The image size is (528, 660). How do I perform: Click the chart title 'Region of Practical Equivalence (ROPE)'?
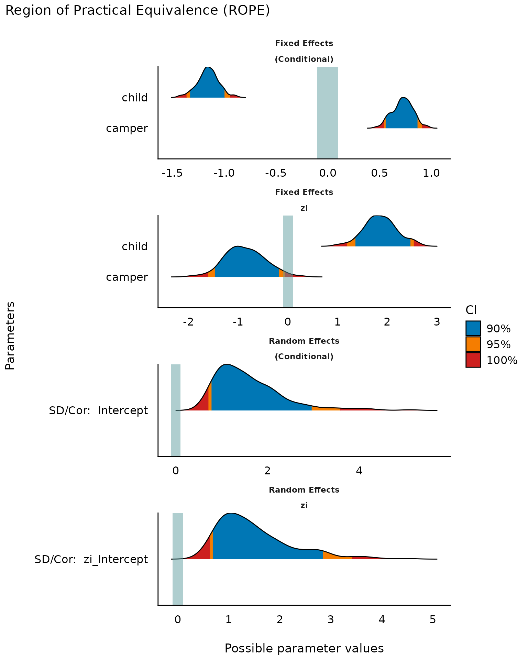(137, 11)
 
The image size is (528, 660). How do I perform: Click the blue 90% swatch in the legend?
(473, 328)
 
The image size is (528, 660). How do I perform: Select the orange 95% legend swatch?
(473, 344)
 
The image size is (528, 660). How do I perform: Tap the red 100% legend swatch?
(473, 360)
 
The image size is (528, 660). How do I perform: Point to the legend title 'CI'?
(471, 310)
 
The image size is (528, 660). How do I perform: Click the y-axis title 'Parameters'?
(10, 335)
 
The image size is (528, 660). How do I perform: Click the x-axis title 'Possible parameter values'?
(304, 648)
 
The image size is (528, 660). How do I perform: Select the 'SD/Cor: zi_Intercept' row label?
(91, 559)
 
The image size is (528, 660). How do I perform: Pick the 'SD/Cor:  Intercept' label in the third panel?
(98, 410)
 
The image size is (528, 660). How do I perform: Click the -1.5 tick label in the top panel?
(172, 173)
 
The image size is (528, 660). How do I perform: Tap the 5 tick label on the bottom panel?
(433, 619)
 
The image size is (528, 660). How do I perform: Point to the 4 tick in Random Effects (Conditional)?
(359, 471)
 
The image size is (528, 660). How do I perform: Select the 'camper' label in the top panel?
(127, 128)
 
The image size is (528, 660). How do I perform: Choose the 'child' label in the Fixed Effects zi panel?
(135, 246)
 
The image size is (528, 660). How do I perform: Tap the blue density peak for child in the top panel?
(207, 82)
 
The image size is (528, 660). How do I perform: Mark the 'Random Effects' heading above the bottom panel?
(304, 490)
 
